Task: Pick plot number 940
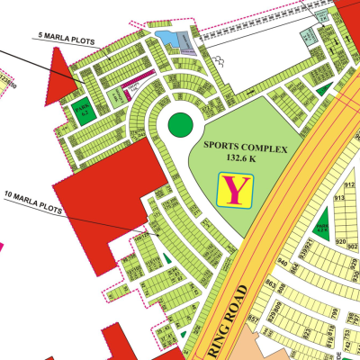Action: [282, 263]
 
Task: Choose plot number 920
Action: [341, 242]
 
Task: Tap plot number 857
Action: [253, 319]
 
